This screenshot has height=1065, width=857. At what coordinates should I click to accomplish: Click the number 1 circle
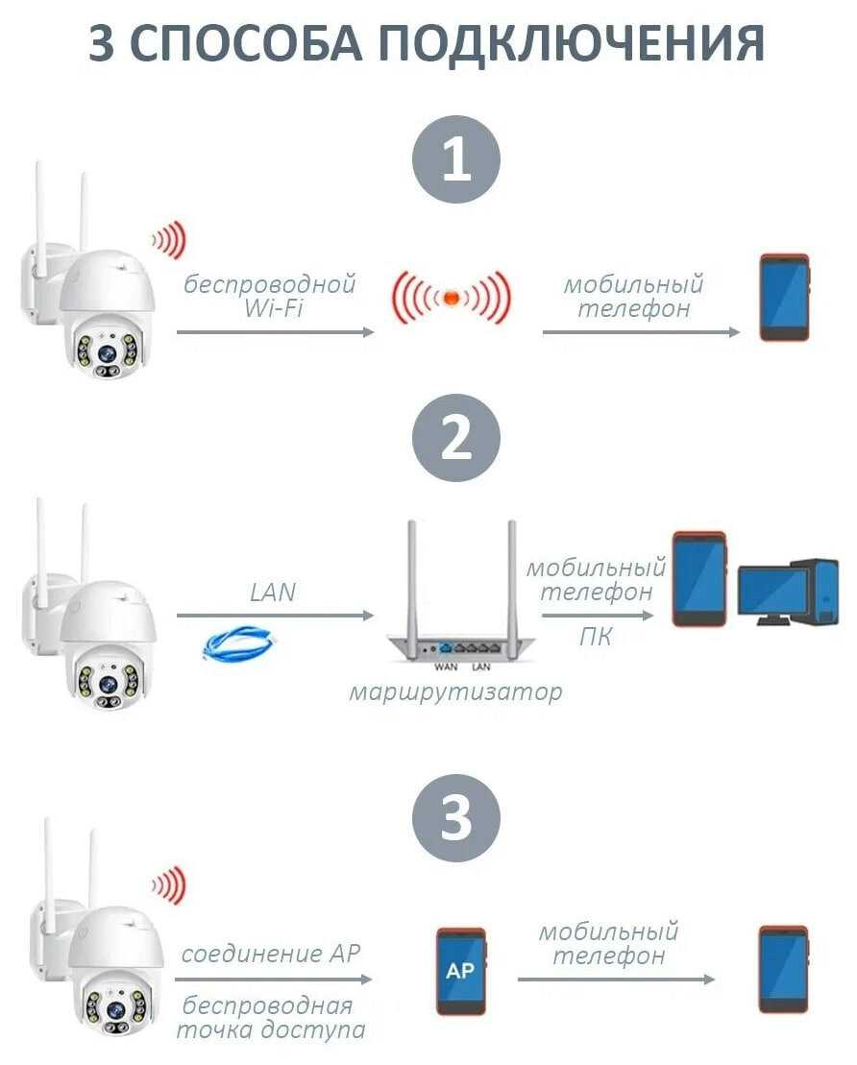click(x=456, y=159)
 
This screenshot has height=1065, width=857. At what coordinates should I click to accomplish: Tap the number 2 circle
click(x=456, y=438)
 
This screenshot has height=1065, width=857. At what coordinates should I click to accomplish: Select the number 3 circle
click(x=456, y=819)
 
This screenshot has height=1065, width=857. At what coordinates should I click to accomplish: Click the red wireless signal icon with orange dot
click(x=450, y=297)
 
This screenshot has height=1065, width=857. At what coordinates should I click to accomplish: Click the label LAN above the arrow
click(x=273, y=592)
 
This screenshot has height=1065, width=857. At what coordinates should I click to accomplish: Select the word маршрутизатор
click(x=455, y=691)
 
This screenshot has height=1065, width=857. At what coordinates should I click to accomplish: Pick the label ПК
click(x=596, y=636)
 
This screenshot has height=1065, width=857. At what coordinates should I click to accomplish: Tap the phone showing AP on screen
click(x=460, y=971)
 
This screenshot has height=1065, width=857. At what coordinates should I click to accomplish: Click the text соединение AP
click(x=271, y=954)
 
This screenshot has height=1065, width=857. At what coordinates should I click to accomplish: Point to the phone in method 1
click(x=784, y=297)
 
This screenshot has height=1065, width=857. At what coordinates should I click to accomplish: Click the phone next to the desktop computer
click(x=698, y=578)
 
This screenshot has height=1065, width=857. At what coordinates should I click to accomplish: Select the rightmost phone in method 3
click(x=783, y=969)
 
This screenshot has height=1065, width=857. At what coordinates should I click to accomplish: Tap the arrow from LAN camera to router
click(x=275, y=615)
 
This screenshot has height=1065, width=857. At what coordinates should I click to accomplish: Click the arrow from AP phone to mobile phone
click(x=616, y=979)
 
